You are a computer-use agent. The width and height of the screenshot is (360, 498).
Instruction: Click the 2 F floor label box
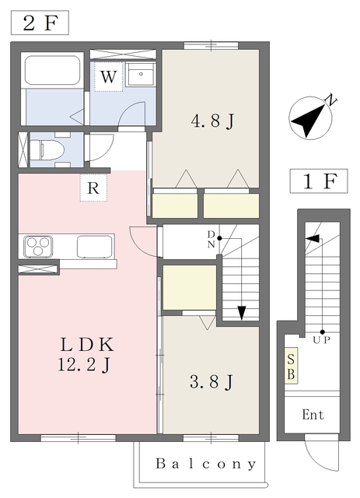(x=40, y=23)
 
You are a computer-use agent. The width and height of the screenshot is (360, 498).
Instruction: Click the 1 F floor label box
(x=319, y=181)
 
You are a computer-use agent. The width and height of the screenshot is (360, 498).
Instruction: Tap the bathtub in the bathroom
(x=52, y=70)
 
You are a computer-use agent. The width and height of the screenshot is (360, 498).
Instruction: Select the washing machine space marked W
(x=108, y=76)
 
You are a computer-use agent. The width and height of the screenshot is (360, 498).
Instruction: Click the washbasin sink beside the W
(x=141, y=75)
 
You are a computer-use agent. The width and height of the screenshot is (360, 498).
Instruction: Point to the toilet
(x=47, y=149)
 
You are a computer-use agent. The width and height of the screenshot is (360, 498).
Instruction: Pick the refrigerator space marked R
(x=93, y=188)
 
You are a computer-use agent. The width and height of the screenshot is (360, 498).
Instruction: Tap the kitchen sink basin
(x=95, y=247)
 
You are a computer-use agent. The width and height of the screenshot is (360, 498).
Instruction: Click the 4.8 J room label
(x=212, y=121)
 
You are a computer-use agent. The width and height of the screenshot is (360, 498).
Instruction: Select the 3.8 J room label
(x=211, y=382)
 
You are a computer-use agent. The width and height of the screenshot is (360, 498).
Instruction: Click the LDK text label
(x=87, y=345)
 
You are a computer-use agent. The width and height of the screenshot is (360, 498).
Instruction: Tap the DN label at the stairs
(x=211, y=239)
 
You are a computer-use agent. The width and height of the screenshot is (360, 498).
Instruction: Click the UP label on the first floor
(x=322, y=340)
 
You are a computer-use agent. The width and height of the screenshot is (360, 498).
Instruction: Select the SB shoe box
(x=291, y=366)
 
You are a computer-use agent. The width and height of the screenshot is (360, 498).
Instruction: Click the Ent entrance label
(x=313, y=415)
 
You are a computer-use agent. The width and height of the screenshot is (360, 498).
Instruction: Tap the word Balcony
(x=206, y=464)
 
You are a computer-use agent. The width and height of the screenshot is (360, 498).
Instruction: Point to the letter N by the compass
(x=332, y=100)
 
